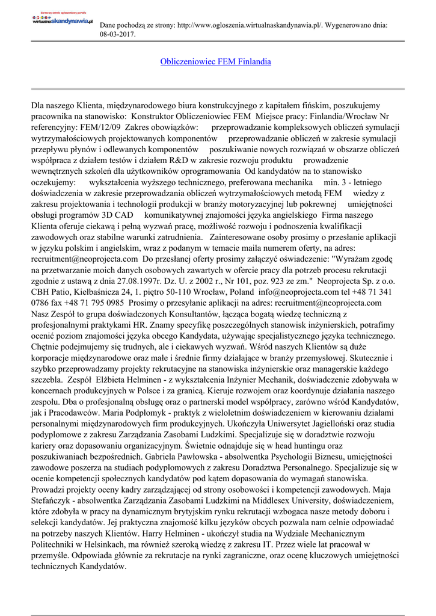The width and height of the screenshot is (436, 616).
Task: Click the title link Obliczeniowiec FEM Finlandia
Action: pos(215,62)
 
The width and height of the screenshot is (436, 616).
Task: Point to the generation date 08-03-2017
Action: pos(117,34)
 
